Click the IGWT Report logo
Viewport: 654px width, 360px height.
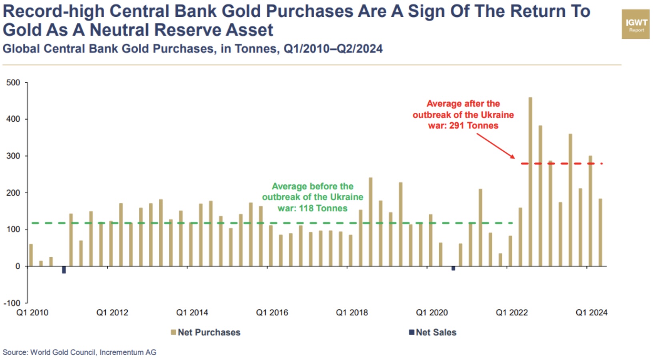635,24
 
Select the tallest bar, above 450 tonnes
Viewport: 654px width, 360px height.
530,182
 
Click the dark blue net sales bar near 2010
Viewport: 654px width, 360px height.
64,270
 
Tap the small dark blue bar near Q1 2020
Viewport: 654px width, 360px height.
453,268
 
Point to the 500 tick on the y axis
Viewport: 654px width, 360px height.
13,83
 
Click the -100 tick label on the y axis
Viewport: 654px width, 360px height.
12,303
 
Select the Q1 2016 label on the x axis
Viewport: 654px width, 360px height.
272,313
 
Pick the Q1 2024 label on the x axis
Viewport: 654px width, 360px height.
591,313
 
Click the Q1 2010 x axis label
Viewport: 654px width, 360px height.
32,313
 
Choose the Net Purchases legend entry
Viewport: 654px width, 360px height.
205,332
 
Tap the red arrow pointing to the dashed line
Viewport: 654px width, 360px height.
496,146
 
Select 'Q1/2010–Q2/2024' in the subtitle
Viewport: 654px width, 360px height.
333,49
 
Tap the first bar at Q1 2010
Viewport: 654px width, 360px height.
31,255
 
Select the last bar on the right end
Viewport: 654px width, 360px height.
600,232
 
